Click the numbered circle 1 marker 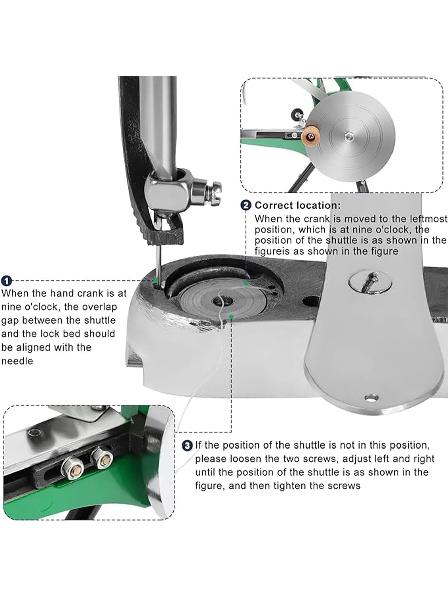pos(7,281)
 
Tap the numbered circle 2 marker pos(246,205)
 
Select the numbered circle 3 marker pos(187,445)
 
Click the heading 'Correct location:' pos(298,205)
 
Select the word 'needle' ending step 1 pos(17,361)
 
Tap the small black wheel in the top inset pos(296,115)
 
